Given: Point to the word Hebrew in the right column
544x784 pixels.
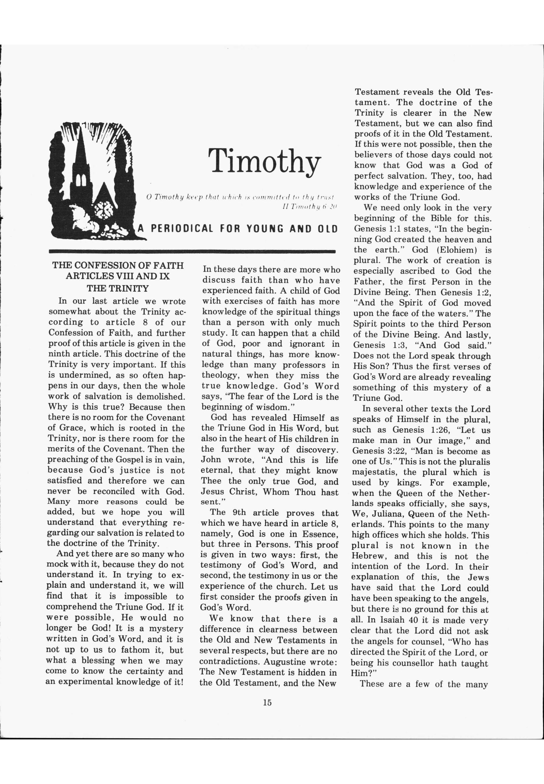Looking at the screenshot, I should [x=369, y=556].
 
